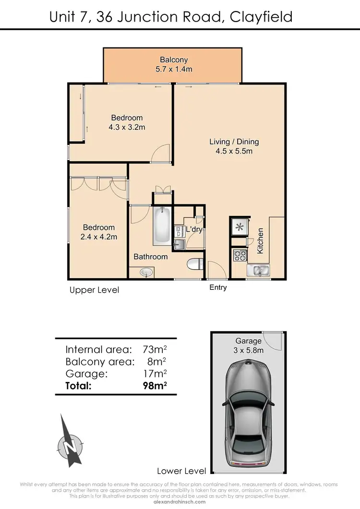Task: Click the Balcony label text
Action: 174,60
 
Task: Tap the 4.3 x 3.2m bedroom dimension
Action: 127,127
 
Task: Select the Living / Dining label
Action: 234,142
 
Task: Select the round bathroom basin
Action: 146,272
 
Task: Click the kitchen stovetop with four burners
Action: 239,255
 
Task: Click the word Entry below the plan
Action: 218,287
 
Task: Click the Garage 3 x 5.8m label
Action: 249,345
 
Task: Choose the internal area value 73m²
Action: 155,349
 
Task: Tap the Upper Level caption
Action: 94,290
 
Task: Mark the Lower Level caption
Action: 181,471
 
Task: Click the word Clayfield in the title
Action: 261,17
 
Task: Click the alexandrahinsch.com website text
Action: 180,501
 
